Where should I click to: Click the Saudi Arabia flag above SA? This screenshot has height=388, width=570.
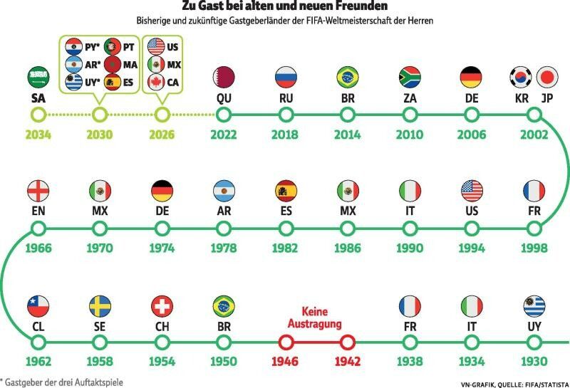point(38,78)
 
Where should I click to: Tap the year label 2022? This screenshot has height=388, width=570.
point(224,135)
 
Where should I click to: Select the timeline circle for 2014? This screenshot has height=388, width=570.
point(348,115)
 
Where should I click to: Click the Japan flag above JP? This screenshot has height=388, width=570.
point(547,78)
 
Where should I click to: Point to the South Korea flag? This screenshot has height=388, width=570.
point(521,78)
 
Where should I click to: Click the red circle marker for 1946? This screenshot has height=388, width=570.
point(286,342)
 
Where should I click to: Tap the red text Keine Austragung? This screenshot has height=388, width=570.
point(315,318)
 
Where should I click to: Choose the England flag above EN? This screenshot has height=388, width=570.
point(38,191)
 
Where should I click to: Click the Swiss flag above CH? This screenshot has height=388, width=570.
point(162,306)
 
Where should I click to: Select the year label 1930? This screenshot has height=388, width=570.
point(534,362)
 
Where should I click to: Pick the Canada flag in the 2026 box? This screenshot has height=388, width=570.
point(156,82)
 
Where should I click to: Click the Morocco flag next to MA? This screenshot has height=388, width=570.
point(113,64)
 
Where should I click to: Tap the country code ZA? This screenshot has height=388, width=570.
point(410,98)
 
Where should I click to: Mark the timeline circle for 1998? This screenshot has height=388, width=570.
point(534,229)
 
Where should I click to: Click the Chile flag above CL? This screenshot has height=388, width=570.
point(38,306)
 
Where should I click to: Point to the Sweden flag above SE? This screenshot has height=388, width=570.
point(100,306)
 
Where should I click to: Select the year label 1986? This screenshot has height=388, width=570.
point(348,248)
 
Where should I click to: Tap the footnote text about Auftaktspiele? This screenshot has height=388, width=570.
point(61,382)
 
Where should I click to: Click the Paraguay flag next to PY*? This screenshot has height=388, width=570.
point(74,46)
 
